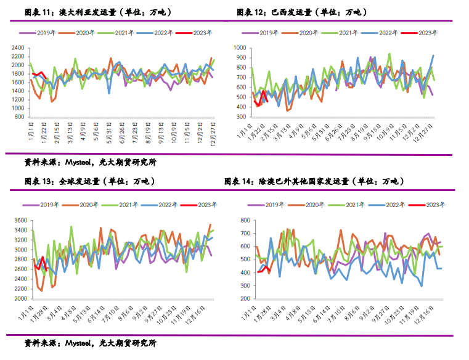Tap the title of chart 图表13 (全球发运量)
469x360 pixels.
coord(89,182)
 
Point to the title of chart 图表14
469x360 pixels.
coord(314,182)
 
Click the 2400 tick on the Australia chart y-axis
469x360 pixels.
coord(17,47)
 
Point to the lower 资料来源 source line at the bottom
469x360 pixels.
coord(90,343)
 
